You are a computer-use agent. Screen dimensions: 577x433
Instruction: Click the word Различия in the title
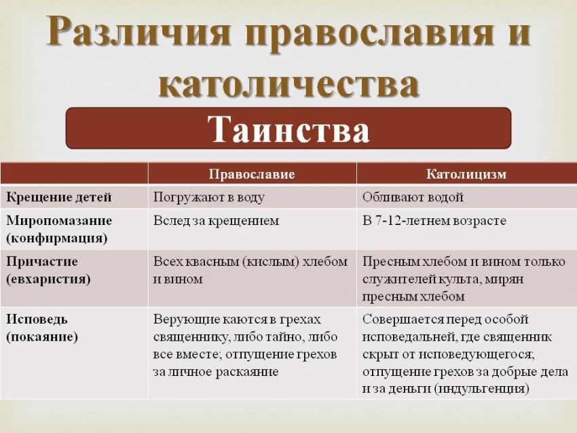click(x=138, y=32)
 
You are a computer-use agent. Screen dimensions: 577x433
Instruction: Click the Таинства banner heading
click(x=288, y=129)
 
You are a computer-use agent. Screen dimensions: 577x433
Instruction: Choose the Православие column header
click(x=252, y=174)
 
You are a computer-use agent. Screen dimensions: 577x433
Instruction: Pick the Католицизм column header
click(x=466, y=174)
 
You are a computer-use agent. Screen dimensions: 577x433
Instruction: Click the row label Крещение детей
click(x=59, y=197)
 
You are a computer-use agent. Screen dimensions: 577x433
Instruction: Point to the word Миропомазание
click(x=59, y=221)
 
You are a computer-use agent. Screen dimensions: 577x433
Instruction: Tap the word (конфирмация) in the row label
click(x=57, y=239)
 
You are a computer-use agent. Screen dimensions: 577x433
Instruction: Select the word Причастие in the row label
click(x=42, y=262)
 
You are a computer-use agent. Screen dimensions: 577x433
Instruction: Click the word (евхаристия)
click(x=49, y=279)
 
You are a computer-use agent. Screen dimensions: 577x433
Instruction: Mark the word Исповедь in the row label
click(x=37, y=319)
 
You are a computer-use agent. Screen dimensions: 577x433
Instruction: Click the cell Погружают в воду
click(x=209, y=198)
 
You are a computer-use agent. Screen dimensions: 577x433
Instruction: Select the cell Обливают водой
click(x=413, y=197)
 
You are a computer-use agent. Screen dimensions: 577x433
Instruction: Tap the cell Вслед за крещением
click(x=217, y=221)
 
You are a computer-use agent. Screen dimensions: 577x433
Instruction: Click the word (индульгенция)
click(x=481, y=389)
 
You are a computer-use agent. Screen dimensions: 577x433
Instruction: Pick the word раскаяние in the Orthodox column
click(x=247, y=372)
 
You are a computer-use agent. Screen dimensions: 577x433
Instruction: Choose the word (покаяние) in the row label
click(x=42, y=337)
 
